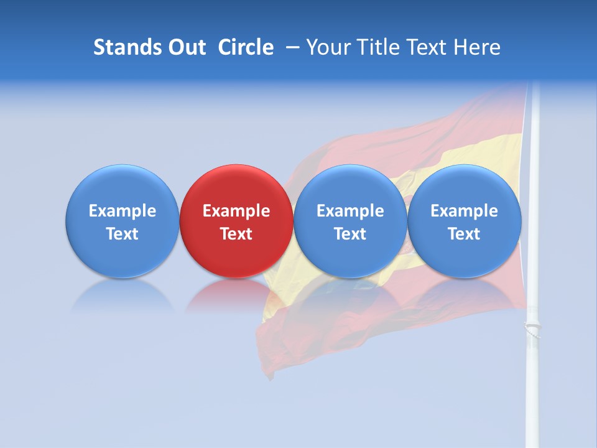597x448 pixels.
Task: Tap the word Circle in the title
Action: [x=246, y=47]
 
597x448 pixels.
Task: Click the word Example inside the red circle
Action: [x=236, y=211]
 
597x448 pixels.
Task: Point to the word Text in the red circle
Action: [x=236, y=234]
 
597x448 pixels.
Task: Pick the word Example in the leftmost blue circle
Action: [x=122, y=211]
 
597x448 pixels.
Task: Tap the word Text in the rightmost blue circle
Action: [x=465, y=234]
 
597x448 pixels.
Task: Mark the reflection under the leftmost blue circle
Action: [x=122, y=296]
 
